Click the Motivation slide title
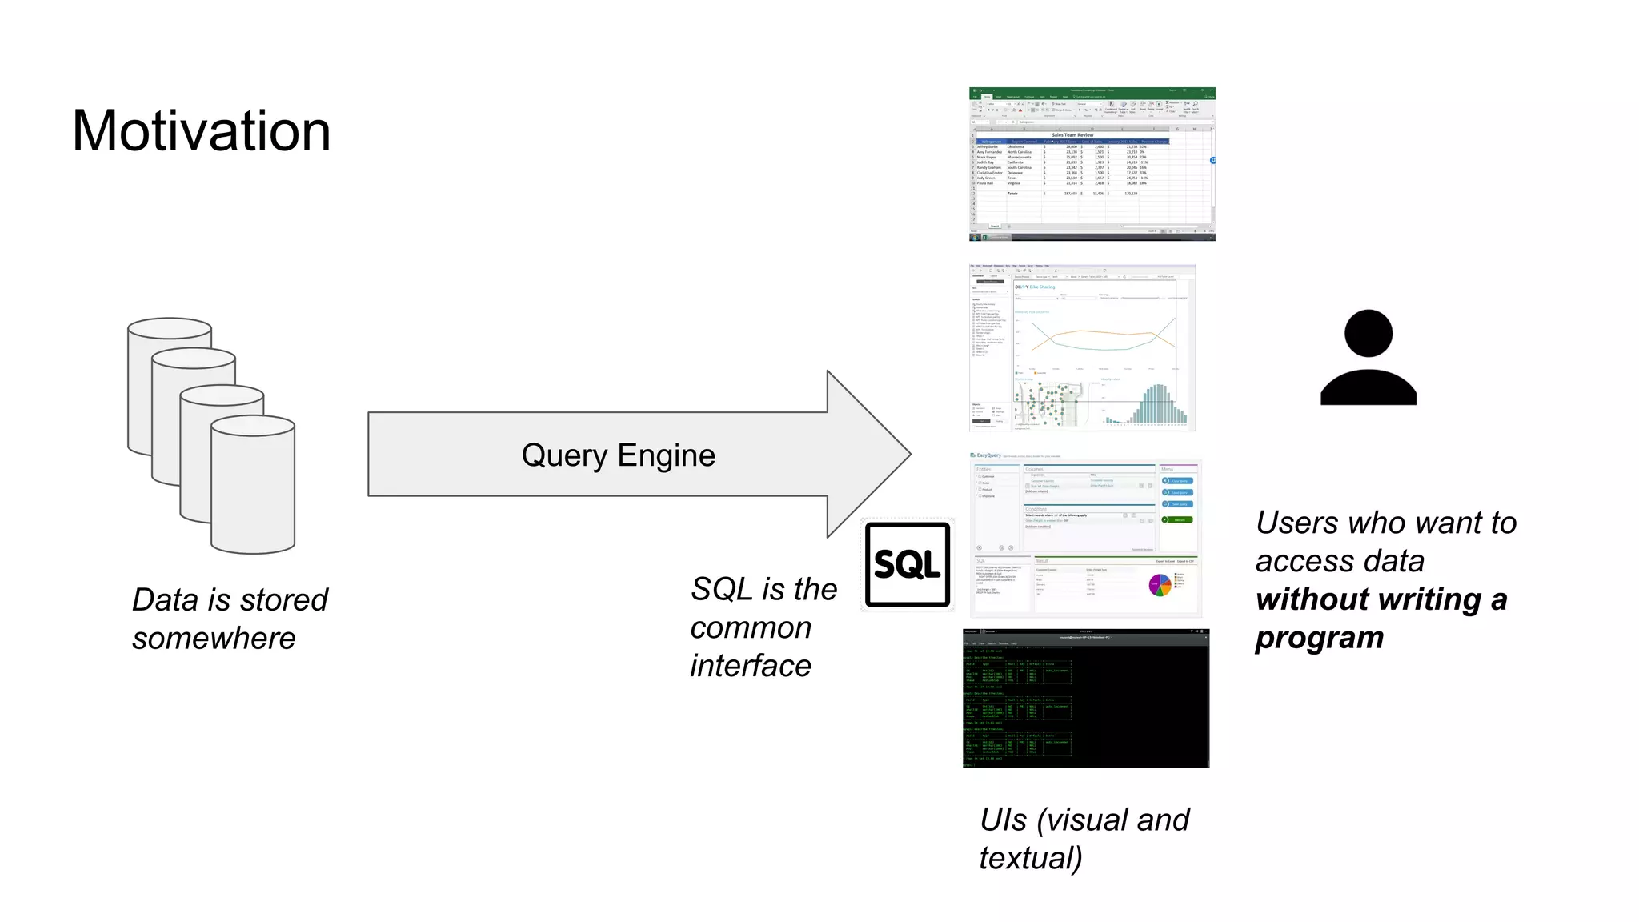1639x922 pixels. (201, 131)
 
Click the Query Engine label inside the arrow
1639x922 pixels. (618, 455)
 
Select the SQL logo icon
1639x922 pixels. (908, 565)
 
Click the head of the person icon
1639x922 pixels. (1368, 333)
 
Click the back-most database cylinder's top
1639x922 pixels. (170, 329)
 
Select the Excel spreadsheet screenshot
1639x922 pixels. (1092, 164)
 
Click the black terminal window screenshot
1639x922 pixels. (1085, 699)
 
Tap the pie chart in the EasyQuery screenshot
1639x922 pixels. (1160, 586)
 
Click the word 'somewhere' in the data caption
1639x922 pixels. (214, 639)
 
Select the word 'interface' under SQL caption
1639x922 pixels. (751, 666)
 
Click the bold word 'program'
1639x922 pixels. (1319, 638)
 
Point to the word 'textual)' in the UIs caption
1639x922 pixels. (1031, 858)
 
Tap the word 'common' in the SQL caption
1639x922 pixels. (751, 627)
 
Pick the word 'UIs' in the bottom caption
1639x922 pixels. (1003, 820)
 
